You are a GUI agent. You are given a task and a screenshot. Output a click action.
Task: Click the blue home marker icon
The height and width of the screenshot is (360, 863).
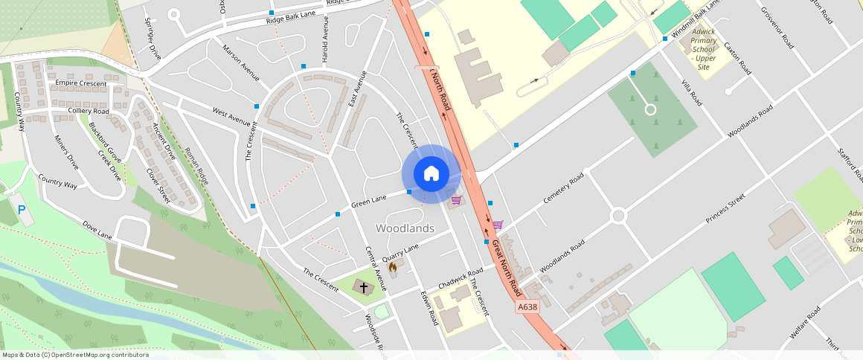[431, 173]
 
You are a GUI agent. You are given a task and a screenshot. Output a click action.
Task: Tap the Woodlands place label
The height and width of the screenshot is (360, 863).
[405, 228]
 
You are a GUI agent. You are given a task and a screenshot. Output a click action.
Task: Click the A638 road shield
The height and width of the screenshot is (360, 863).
[527, 306]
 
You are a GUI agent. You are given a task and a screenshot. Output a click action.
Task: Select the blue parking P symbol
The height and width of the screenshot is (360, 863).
[21, 210]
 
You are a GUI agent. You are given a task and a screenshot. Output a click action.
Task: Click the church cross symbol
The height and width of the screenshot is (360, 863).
[364, 286]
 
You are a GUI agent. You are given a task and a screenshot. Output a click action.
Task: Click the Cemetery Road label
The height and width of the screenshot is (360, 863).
[565, 190]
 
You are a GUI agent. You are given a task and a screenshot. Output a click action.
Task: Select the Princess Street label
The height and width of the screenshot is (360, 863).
[725, 210]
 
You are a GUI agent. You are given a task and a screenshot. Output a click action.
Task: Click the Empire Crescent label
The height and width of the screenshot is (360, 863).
[81, 83]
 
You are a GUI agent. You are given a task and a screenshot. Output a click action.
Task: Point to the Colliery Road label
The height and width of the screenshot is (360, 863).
[89, 111]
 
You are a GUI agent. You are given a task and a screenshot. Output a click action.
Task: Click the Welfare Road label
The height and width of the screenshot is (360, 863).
[804, 324]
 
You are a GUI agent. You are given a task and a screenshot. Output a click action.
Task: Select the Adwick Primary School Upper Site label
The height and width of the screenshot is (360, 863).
[703, 49]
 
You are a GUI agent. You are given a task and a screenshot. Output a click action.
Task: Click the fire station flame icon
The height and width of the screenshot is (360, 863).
[393, 267]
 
